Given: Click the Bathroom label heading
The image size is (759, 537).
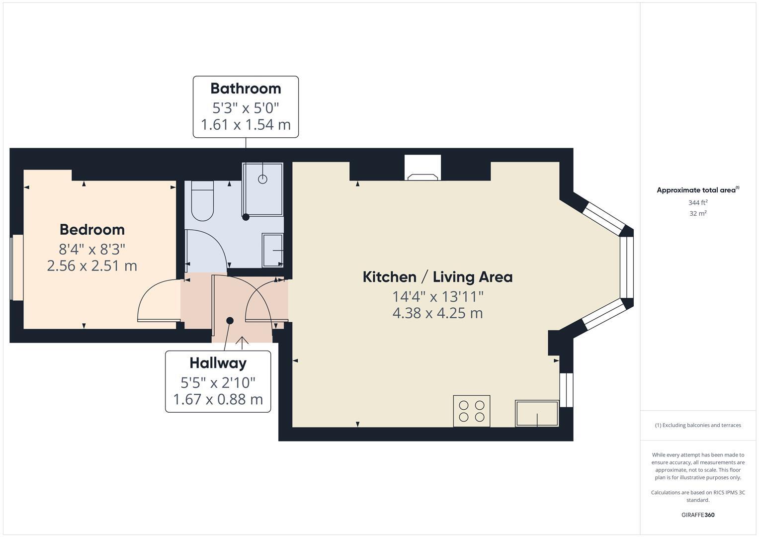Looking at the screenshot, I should coord(246,89).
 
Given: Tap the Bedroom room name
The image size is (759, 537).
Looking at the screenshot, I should coord(92,230).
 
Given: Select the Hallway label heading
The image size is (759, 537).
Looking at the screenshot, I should coord(218,363).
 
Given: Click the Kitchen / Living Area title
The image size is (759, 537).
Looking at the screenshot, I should coord(437,277).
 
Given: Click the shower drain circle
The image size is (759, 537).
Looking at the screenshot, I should coord(262,179).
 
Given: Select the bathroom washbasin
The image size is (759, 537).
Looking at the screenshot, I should coord(273,251).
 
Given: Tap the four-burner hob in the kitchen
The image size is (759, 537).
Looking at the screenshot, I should coord(471,411).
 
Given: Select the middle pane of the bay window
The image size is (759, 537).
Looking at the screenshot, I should coord(627,267).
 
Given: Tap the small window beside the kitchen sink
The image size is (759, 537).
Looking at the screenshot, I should coord(566,390).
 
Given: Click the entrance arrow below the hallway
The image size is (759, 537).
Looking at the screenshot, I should coord(242,343).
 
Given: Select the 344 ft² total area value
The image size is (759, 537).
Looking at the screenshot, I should coord(697,203).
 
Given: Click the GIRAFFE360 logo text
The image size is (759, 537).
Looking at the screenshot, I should coord(697,515).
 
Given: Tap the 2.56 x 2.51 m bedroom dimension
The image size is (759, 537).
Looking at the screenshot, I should coord(92,266).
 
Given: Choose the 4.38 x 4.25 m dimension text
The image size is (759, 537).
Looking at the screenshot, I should coord(437,313).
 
